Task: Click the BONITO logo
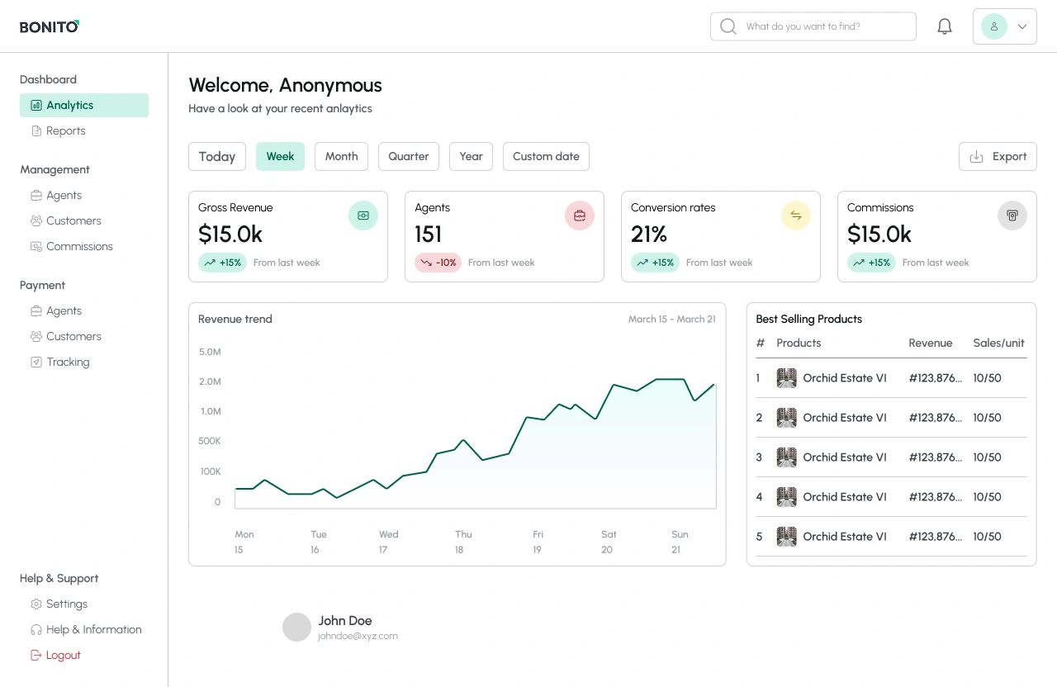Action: click(50, 26)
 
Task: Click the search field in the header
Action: click(813, 26)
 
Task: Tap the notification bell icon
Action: click(945, 26)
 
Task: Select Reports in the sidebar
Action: click(65, 130)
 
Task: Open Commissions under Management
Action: click(79, 246)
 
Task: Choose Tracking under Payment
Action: click(68, 362)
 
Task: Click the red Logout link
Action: click(63, 655)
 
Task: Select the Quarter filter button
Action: click(408, 156)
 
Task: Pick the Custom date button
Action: click(546, 156)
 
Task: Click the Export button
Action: click(998, 156)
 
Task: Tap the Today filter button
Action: click(217, 156)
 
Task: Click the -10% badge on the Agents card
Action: click(438, 263)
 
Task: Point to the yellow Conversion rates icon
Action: click(796, 216)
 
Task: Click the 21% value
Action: click(649, 235)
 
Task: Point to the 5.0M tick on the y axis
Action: click(210, 352)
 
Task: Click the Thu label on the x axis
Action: click(463, 534)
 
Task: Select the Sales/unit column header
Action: click(998, 343)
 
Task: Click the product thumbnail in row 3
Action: click(786, 457)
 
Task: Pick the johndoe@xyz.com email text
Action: click(358, 636)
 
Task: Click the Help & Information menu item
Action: click(93, 629)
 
